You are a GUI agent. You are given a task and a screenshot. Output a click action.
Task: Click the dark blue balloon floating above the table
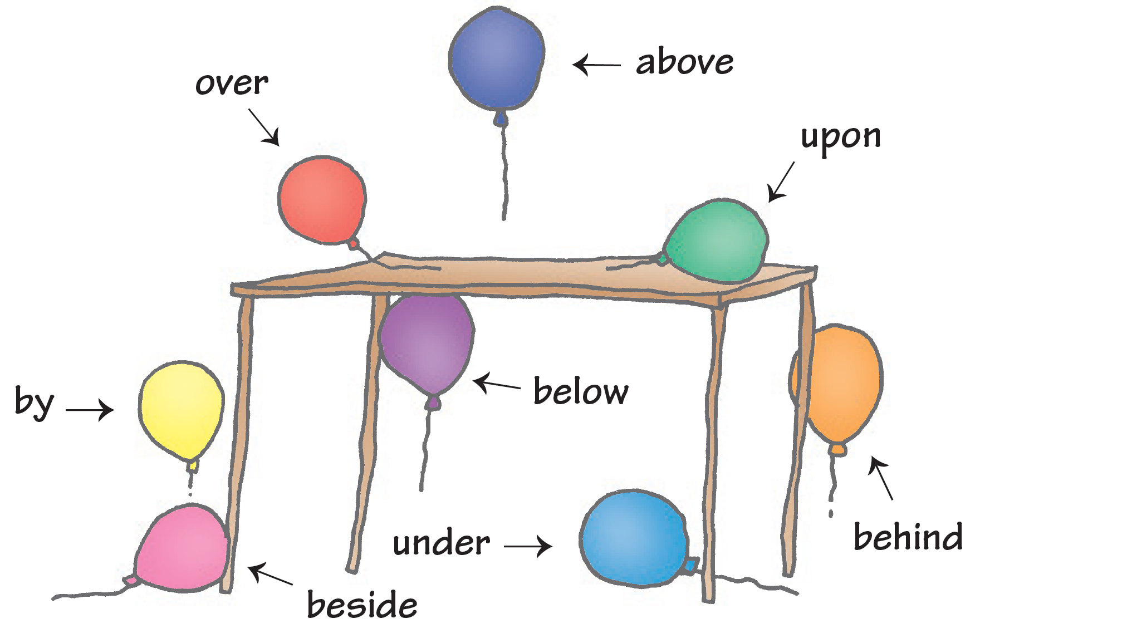(496, 58)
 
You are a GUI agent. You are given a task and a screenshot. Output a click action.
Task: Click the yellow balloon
(182, 409)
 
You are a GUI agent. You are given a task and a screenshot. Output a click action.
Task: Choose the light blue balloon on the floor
(634, 538)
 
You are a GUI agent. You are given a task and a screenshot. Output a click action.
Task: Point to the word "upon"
(841, 137)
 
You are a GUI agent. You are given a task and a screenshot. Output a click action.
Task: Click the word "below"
(581, 391)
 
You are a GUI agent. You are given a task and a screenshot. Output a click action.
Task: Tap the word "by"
(35, 402)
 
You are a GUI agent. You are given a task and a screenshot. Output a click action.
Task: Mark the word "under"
(441, 543)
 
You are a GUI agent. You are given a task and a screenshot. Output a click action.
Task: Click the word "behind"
(908, 537)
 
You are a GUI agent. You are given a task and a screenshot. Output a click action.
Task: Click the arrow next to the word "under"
(528, 546)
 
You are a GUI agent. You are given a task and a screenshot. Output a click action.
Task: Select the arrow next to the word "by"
(90, 410)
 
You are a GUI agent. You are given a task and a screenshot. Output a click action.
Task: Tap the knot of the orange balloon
(838, 449)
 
